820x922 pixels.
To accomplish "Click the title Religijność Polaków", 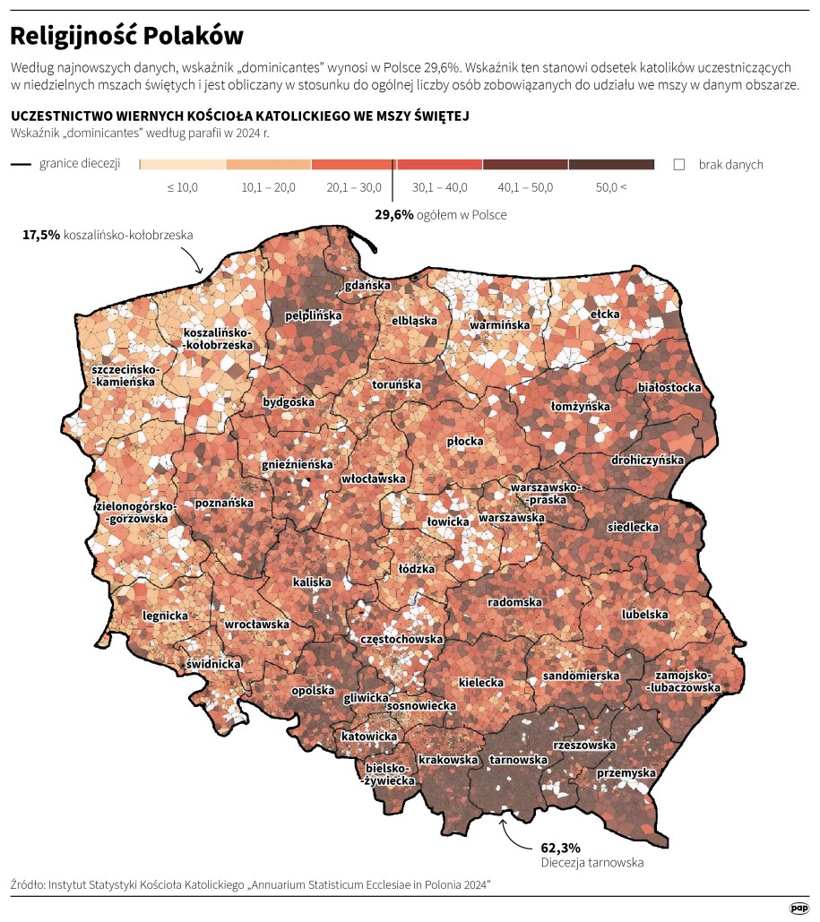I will coord(126,36).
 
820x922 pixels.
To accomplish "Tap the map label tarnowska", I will coord(518,760).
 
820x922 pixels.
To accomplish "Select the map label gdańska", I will coord(368,286).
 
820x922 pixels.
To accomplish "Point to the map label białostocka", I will coord(668,388).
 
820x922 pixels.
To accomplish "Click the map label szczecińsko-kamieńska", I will coord(124,375).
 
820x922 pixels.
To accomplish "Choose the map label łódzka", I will coord(416,568).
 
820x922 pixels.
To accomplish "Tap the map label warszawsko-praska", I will coord(545,492).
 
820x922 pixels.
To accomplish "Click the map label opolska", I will coord(313,692).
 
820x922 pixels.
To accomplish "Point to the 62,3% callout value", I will coord(561,847).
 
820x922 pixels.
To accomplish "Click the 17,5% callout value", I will coord(41,235).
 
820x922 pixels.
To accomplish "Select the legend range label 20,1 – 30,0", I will coord(353,187).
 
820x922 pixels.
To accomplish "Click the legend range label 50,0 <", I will coord(611,187).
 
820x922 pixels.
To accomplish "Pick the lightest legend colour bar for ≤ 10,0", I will coord(183,165).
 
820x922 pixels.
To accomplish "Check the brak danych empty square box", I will coord(678,165).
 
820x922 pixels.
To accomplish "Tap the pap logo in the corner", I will coord(798,908).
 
